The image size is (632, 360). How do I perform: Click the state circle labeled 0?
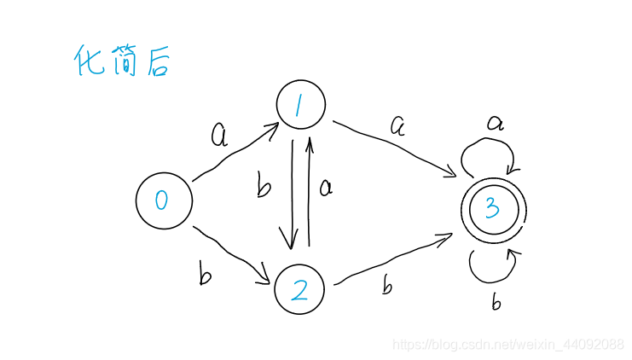click(x=163, y=201)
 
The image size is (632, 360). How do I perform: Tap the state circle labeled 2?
click(x=300, y=290)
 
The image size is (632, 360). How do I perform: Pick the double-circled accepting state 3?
click(x=493, y=206)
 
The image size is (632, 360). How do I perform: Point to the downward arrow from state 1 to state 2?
click(x=293, y=192)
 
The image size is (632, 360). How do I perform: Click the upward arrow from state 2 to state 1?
click(x=310, y=192)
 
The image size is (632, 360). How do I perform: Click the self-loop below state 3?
click(x=493, y=269)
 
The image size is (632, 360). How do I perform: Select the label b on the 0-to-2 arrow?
click(x=205, y=275)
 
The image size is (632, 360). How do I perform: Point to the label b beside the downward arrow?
click(x=264, y=185)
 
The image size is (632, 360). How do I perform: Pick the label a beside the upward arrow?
click(x=325, y=186)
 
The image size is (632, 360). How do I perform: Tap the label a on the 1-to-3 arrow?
click(x=397, y=125)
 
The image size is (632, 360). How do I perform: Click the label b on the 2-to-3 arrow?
click(x=387, y=286)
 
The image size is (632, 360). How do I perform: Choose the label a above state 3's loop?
click(x=495, y=122)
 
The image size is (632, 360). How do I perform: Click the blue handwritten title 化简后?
click(x=122, y=61)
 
